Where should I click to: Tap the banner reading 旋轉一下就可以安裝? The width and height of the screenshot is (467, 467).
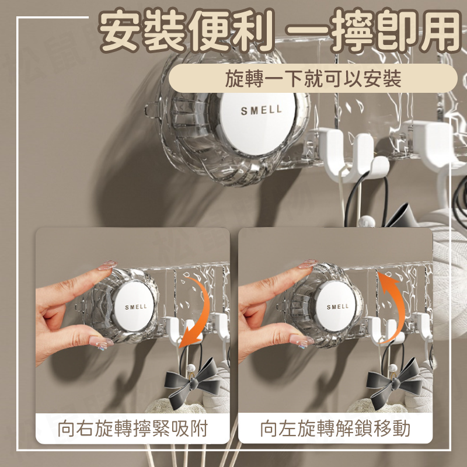coord(313,79)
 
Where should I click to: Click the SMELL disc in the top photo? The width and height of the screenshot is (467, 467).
coord(258,123)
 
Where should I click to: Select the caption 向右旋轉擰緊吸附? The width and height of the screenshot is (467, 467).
coord(133,428)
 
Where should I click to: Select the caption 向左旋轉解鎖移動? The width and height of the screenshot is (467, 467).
coord(335,428)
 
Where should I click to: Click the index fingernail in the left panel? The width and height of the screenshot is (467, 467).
coord(107,265)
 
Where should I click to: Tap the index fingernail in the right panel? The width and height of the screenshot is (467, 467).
coord(308,264)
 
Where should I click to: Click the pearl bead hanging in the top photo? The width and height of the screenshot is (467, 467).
coord(367,222)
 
